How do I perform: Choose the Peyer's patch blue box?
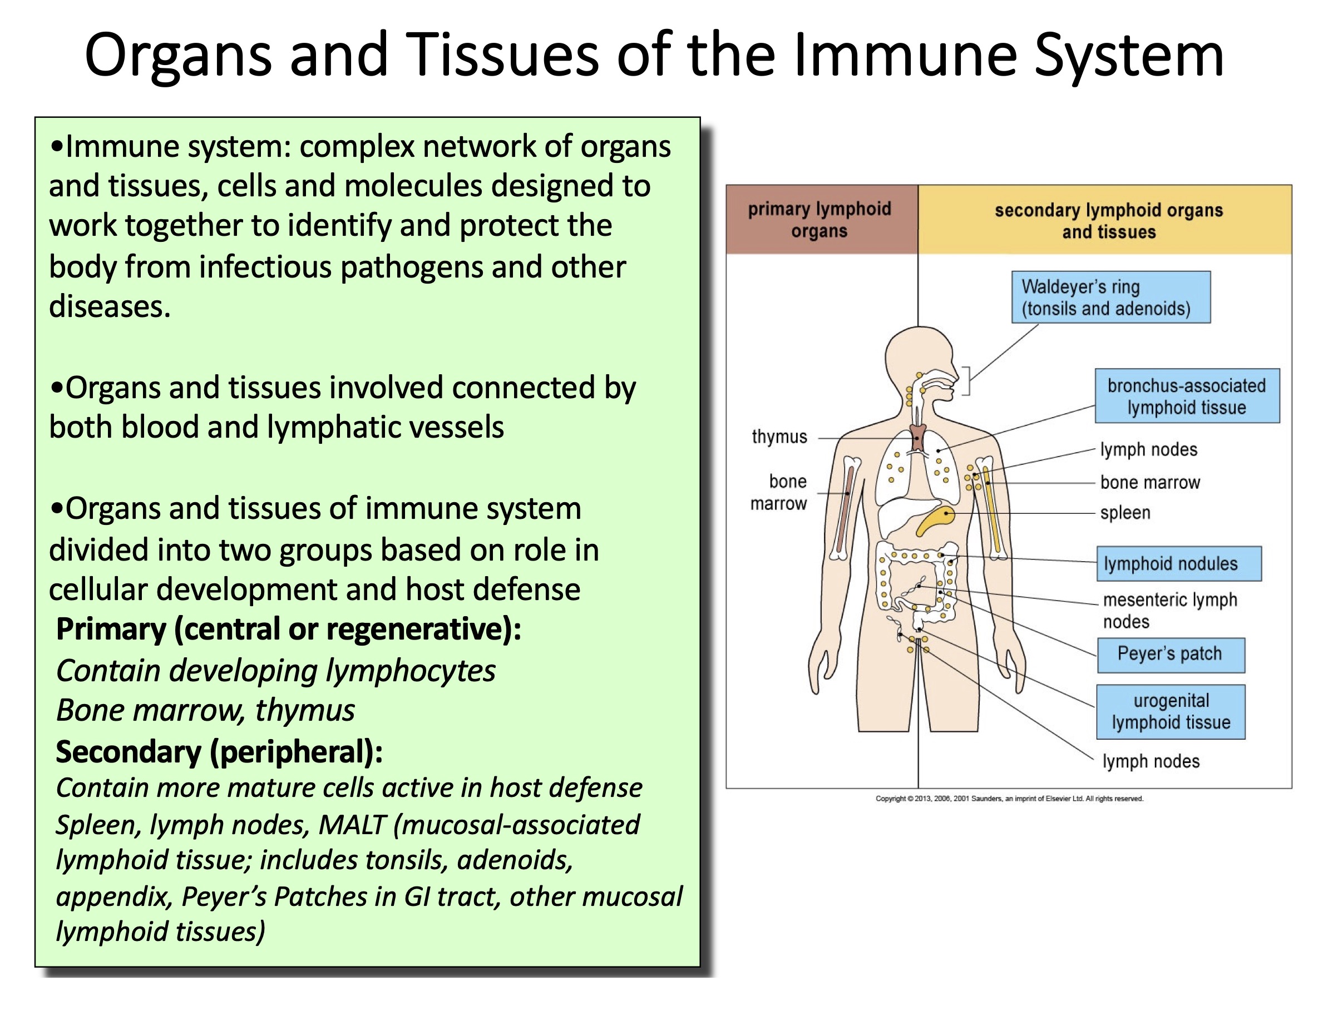pos(1169,654)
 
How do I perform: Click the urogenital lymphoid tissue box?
pos(1169,711)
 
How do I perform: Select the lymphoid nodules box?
pos(1177,563)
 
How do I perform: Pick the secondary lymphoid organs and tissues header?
pos(1108,221)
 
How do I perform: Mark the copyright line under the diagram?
pos(1008,799)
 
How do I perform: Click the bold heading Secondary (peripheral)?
pos(219,752)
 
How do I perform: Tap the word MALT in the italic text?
pos(352,825)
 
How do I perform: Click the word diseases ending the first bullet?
pos(110,307)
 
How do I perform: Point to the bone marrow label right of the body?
pos(1149,482)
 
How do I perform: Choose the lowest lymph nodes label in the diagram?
pos(1149,761)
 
